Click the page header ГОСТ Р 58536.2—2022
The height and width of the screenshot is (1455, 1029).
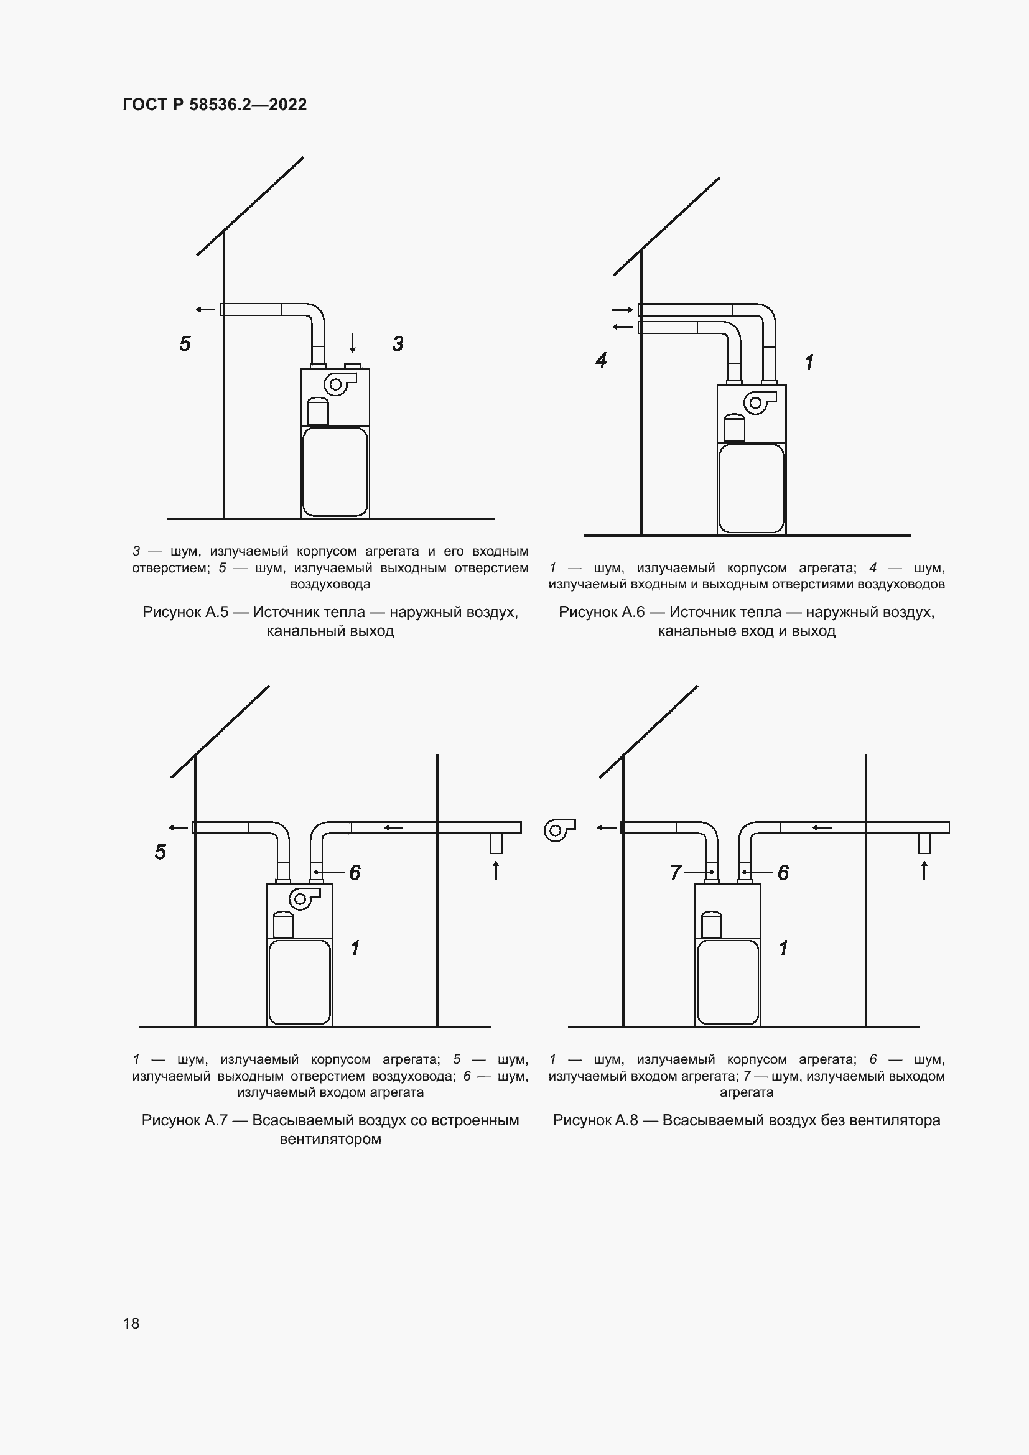pos(214,105)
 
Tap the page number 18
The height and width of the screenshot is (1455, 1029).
pos(131,1323)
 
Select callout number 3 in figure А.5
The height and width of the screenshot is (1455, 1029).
pos(398,344)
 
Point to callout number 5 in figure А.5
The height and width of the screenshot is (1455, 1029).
pos(184,344)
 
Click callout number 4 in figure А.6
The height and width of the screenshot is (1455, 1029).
pos(601,361)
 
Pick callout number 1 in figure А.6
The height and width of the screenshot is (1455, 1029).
pos(809,363)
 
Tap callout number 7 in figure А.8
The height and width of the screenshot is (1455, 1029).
pos(676,873)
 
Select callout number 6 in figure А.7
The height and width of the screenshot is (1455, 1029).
pos(355,873)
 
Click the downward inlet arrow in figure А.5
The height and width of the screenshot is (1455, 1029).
pos(353,343)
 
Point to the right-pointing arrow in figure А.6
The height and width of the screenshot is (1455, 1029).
pos(622,310)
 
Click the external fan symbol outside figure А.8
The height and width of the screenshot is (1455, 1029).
pos(559,830)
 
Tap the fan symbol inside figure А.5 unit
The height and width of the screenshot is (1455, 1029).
pos(339,383)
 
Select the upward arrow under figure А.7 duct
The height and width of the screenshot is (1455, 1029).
pos(496,870)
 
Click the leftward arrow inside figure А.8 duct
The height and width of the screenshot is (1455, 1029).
pos(822,827)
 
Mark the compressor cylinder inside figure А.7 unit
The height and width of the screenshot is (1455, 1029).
pos(282,924)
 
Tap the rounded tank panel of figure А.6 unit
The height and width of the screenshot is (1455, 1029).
pos(752,488)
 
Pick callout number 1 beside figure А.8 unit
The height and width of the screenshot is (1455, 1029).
pos(783,949)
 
